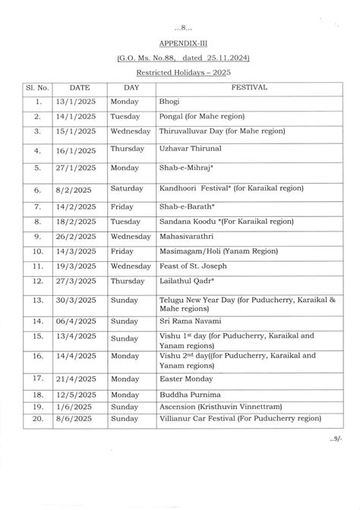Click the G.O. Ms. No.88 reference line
click(x=179, y=58)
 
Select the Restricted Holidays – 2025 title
click(x=179, y=73)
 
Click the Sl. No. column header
click(x=36, y=87)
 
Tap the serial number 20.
click(x=36, y=417)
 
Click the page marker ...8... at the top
click(x=179, y=28)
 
